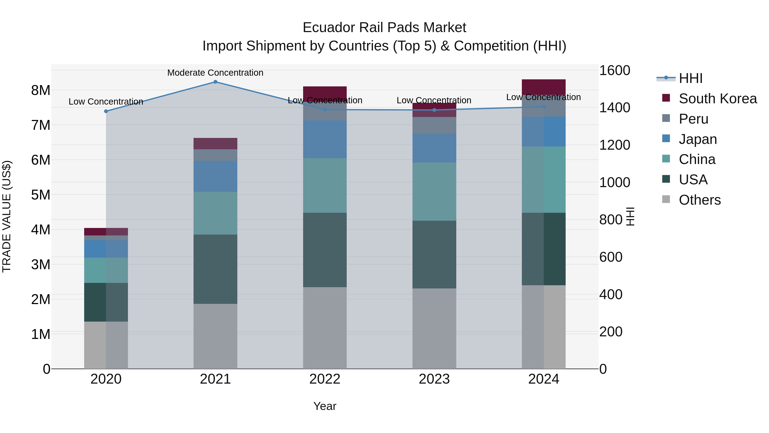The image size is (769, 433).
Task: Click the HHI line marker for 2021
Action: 215,82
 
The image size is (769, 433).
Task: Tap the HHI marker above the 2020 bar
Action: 106,111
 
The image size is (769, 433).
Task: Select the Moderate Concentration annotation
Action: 215,73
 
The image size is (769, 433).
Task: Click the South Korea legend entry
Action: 718,99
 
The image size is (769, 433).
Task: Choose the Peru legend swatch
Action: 666,118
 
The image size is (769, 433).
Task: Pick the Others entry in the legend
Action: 699,200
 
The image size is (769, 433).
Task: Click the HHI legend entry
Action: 690,78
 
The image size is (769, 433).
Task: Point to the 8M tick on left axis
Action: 41,90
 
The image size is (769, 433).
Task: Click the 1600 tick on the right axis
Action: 615,71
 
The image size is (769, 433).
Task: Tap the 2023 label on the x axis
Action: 434,379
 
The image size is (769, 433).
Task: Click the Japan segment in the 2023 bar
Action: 434,148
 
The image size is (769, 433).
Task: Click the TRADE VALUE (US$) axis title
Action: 7,216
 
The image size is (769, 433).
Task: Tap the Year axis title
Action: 325,406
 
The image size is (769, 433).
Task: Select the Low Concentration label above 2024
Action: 543,97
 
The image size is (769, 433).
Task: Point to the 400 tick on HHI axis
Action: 611,295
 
